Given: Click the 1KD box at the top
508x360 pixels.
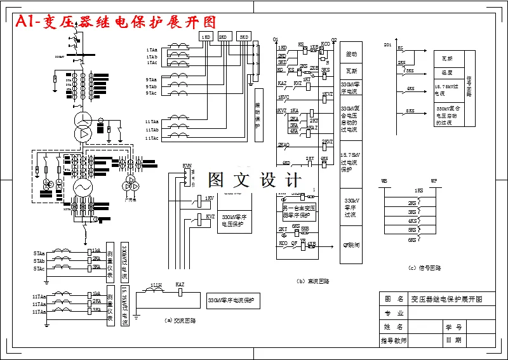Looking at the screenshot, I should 206,37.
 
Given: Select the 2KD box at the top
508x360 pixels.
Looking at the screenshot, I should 224,37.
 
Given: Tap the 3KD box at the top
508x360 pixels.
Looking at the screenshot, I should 244,37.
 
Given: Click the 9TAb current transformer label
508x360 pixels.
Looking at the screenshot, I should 151,86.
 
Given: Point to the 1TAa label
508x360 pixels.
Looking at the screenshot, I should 151,49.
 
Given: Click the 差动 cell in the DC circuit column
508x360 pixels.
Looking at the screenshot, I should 351,55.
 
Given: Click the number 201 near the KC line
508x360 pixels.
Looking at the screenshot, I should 388,46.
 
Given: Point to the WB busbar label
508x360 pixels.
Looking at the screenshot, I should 384,181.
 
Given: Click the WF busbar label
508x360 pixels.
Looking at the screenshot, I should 434,181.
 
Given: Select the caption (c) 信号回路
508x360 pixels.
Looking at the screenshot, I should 425,267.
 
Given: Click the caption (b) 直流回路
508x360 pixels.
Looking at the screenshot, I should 313,281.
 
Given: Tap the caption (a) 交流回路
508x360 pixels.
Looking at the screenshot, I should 178,321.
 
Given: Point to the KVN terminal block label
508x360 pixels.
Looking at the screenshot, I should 187,166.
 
